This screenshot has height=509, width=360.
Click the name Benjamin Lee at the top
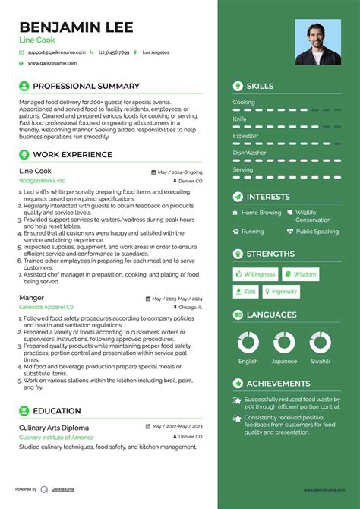[x=76, y=27]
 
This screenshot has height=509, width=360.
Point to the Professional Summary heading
[x=86, y=86]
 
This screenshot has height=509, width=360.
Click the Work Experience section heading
[x=72, y=155]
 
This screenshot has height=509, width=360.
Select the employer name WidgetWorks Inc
[x=43, y=182]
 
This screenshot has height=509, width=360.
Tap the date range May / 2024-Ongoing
[x=180, y=172]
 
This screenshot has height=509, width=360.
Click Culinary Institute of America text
[x=56, y=438]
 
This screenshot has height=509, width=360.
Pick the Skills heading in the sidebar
[x=260, y=87]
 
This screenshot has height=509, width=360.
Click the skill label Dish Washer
[x=249, y=153]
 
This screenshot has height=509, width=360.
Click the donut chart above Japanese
[x=284, y=343]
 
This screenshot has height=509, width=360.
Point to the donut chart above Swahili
[x=320, y=343]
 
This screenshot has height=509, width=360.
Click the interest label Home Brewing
[x=261, y=213]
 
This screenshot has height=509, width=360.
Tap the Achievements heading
[x=278, y=384]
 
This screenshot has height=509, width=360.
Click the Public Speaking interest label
[x=317, y=232]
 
